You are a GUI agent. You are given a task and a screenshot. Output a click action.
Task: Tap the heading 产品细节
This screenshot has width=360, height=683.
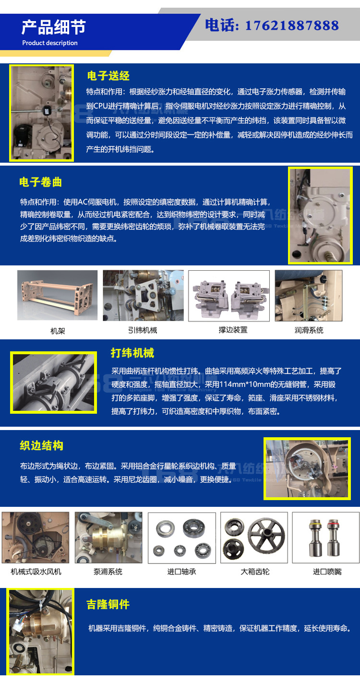click(x=53, y=27)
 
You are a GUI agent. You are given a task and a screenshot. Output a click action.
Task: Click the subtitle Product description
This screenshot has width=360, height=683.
click(x=49, y=43)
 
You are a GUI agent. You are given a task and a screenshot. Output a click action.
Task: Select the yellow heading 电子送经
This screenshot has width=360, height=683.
click(x=108, y=76)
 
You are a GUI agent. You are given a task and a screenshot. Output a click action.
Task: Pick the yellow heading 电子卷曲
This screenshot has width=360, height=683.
click(x=41, y=182)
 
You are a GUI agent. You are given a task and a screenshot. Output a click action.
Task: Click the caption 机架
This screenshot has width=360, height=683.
click(x=57, y=330)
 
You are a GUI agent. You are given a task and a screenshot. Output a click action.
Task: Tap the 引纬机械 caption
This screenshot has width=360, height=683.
click(x=142, y=330)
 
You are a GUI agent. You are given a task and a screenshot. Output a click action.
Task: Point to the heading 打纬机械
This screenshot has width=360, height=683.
click(x=132, y=353)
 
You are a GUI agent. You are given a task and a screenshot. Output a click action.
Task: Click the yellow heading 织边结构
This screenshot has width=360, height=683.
click(x=42, y=446)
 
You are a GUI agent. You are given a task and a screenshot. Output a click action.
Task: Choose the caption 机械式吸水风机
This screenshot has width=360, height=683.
click(x=36, y=572)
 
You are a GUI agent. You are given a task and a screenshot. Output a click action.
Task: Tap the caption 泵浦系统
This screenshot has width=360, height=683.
click(x=108, y=572)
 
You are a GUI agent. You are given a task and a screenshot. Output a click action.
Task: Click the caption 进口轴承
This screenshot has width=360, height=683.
click(x=181, y=572)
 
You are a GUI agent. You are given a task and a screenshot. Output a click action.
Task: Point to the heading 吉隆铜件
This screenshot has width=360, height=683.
click(x=108, y=605)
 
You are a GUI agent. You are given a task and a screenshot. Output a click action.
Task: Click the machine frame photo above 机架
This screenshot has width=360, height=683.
click(x=57, y=295)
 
